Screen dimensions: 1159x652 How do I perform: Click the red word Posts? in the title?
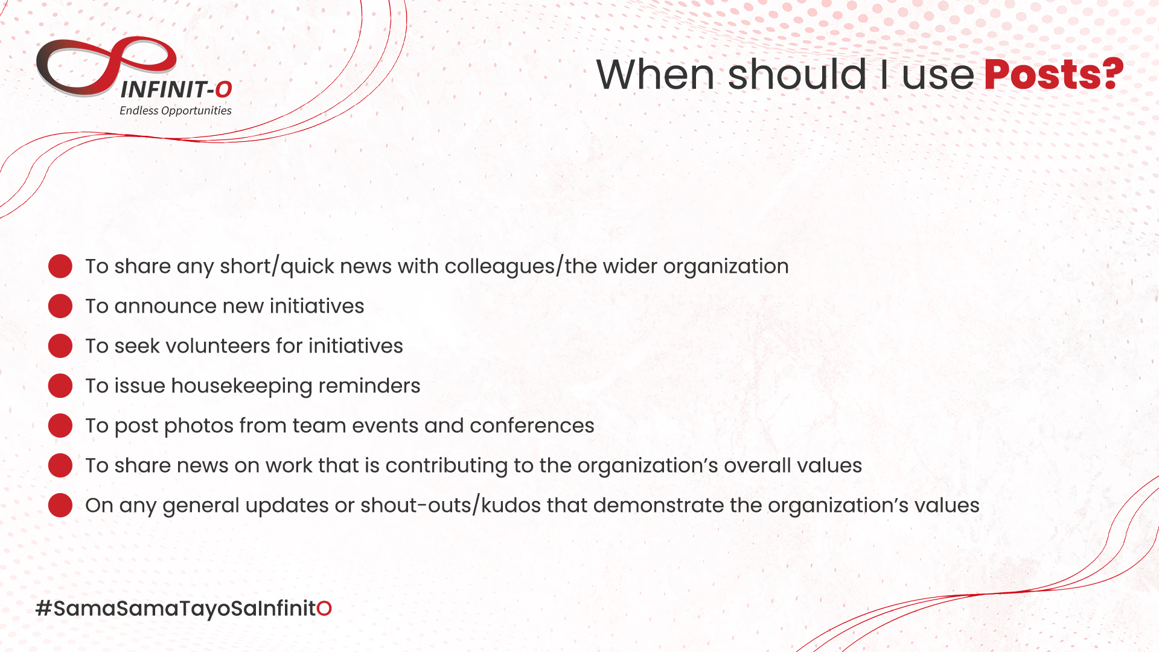click(x=1053, y=74)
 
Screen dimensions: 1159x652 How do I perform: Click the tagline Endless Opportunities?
click(x=176, y=110)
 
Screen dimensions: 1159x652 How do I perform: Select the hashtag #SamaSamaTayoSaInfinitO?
click(x=184, y=609)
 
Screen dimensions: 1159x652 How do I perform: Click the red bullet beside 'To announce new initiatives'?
click(x=60, y=306)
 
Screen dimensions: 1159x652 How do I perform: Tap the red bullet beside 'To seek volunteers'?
click(x=60, y=346)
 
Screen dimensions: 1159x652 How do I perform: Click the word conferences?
click(x=532, y=426)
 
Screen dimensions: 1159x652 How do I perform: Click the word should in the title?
click(x=797, y=74)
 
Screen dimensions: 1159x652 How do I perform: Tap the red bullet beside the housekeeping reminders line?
click(x=60, y=386)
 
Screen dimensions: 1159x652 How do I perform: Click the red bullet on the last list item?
click(x=60, y=505)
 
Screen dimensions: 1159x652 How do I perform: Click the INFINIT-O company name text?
click(x=176, y=90)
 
